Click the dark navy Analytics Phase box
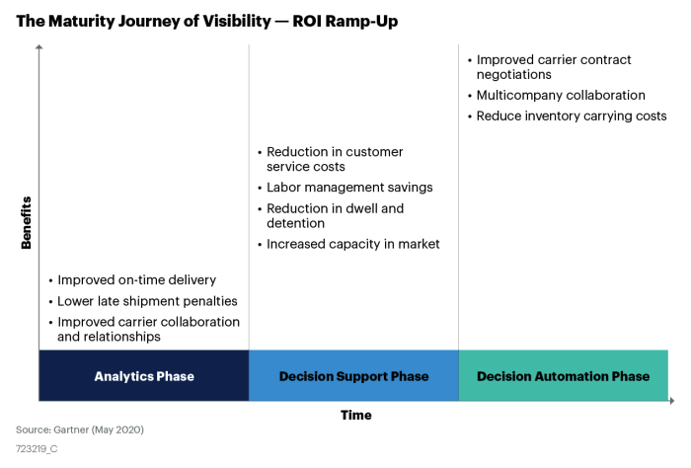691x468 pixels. [x=144, y=375]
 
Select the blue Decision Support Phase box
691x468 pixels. [x=353, y=375]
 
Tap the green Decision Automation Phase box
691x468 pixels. [x=564, y=375]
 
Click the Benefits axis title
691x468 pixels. [x=26, y=222]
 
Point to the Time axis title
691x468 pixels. [x=356, y=415]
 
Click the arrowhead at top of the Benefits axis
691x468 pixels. [x=39, y=46]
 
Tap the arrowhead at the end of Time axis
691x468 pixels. [x=671, y=401]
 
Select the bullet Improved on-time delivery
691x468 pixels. [x=132, y=280]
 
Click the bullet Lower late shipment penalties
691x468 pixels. [x=143, y=301]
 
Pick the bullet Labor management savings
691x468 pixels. [x=345, y=188]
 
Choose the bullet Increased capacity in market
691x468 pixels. [x=348, y=244]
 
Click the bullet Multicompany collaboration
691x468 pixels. [x=556, y=95]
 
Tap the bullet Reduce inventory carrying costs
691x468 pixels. [x=568, y=116]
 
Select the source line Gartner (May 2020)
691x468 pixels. [x=80, y=429]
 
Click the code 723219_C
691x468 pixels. [x=37, y=449]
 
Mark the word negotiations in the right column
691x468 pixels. [x=514, y=75]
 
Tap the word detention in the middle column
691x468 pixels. [x=296, y=223]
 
